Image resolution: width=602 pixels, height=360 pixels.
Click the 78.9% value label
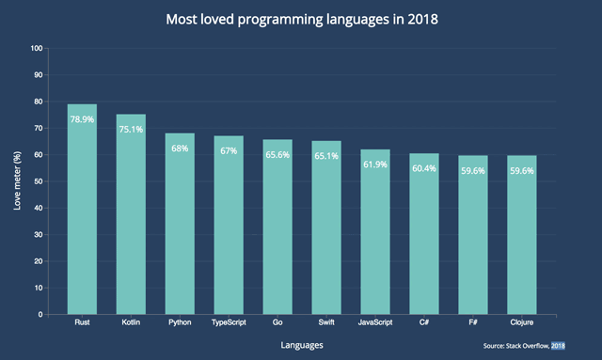tap(82, 119)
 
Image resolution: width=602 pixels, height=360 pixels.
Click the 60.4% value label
tap(424, 169)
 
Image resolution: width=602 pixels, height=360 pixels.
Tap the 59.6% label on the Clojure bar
tap(522, 171)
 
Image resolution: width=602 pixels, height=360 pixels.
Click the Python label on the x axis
tap(180, 322)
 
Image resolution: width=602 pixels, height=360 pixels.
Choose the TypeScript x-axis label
tap(229, 322)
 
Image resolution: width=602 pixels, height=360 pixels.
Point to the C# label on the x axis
tap(424, 322)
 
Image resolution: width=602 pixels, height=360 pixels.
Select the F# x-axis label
tap(473, 322)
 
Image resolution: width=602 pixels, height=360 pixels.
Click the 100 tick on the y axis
tap(38, 48)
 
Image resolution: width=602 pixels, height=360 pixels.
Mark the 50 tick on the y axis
tap(40, 181)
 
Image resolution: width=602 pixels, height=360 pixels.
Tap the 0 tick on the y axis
tap(42, 315)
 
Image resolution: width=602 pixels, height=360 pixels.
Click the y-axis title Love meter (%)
tap(16, 181)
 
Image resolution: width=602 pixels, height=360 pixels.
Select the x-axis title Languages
tap(302, 345)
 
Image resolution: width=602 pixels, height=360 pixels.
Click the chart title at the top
tap(302, 19)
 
